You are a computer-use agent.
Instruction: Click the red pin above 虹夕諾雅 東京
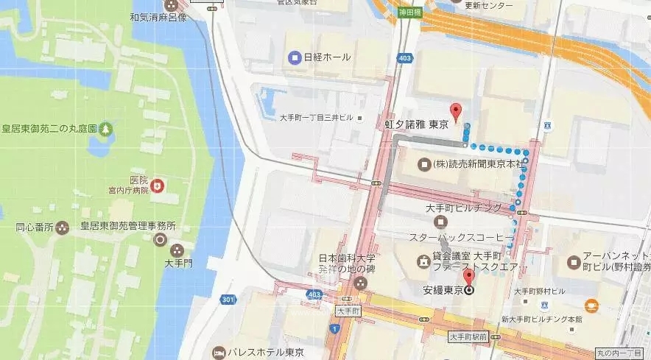coord(456,111)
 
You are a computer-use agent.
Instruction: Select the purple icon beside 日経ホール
coord(295,57)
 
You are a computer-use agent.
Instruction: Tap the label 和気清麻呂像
coord(158,16)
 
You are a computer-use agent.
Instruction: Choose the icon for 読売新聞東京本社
coord(423,163)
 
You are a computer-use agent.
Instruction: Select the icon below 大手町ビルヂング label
coord(441,222)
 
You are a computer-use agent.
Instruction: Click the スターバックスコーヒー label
coord(457,237)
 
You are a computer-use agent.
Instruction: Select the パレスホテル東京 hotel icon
coord(219,351)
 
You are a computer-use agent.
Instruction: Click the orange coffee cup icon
coord(591,305)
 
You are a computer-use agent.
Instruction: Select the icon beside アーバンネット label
coord(574,262)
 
